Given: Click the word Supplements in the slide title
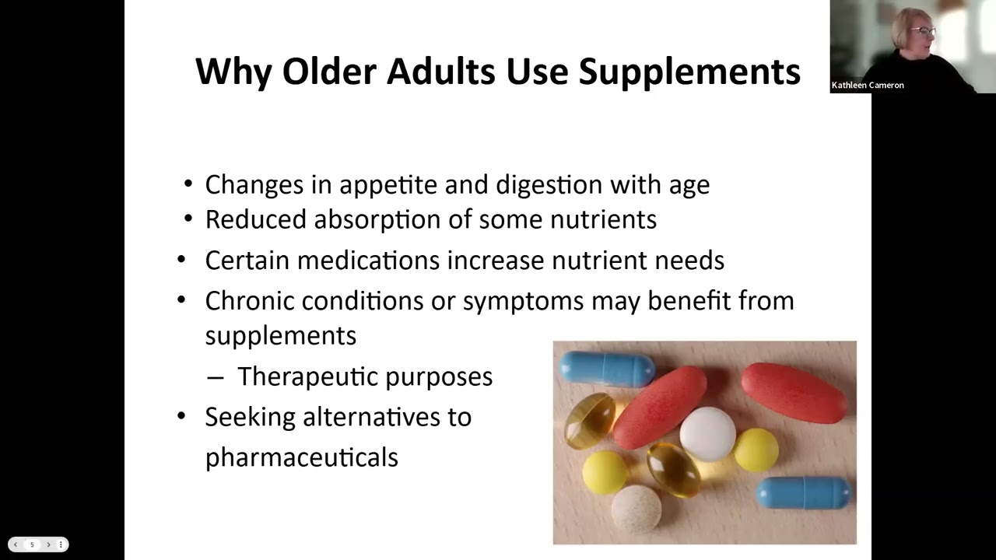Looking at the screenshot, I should point(689,72).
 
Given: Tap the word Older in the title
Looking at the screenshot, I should point(328,72).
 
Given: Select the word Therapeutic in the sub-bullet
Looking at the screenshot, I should point(307,377).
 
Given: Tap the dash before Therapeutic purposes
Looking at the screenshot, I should point(216,377).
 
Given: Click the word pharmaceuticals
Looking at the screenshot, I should point(301,457).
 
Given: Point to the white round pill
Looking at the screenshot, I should point(707,433).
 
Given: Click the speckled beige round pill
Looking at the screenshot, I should point(636,509).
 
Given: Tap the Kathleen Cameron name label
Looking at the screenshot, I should point(868,85).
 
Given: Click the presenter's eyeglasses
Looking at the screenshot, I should point(923,32).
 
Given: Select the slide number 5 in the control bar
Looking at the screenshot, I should point(32,544).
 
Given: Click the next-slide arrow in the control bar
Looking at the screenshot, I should point(47,544).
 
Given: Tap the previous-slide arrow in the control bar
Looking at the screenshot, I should point(16,544).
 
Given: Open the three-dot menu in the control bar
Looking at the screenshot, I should point(61,544).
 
